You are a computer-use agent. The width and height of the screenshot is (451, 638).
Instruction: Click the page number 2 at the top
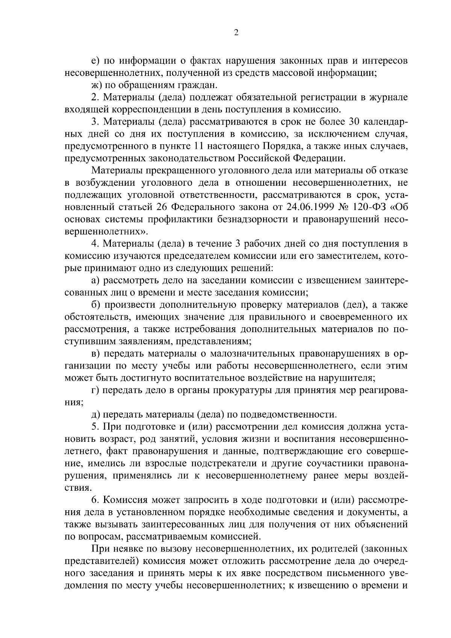click(x=236, y=33)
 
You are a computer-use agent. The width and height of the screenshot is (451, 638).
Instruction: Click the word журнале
click(x=389, y=97)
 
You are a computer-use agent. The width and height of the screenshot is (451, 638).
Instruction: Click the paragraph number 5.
click(x=95, y=427)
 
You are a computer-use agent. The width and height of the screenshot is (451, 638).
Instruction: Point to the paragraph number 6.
click(x=95, y=500)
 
